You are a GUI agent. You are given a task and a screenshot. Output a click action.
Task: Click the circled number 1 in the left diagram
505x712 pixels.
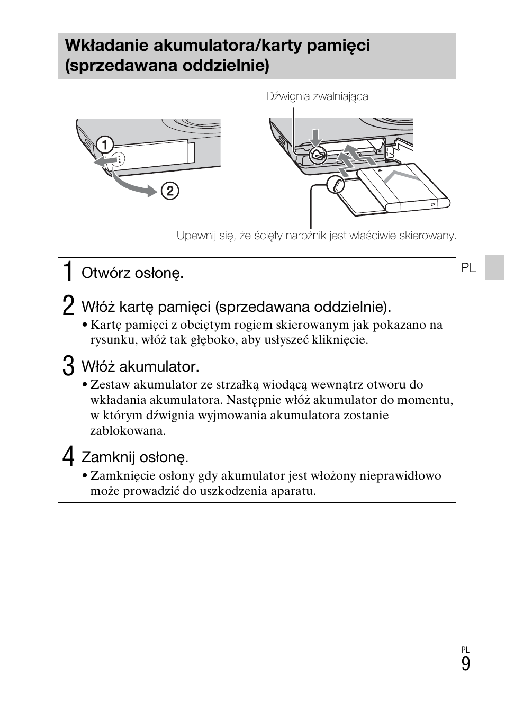pyautogui.click(x=105, y=144)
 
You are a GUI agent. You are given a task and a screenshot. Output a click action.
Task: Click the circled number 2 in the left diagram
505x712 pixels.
pyautogui.click(x=169, y=191)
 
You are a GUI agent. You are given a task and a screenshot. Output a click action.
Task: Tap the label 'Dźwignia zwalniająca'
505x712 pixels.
pyautogui.click(x=317, y=96)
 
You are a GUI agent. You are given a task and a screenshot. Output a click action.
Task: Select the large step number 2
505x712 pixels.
pyautogui.click(x=68, y=306)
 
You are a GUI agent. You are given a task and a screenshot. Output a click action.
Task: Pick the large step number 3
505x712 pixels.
pyautogui.click(x=68, y=366)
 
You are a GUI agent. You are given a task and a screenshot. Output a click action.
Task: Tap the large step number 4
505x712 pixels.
pyautogui.click(x=68, y=456)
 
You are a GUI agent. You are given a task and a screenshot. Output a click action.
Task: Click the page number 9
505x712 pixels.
pyautogui.click(x=465, y=664)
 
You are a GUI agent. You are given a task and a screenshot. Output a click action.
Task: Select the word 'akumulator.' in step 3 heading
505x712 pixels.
pyautogui.click(x=167, y=366)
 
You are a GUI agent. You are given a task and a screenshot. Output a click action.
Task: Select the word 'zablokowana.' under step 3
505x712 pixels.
pyautogui.click(x=128, y=430)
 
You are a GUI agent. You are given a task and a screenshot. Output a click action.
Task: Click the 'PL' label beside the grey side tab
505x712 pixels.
pyautogui.click(x=468, y=268)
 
